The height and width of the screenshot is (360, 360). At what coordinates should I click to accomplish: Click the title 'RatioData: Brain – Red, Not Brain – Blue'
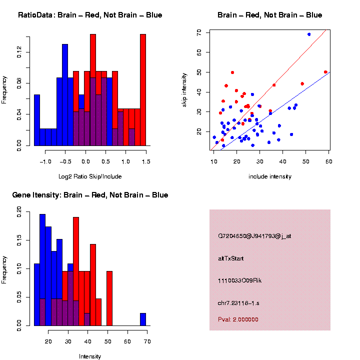point(90,15)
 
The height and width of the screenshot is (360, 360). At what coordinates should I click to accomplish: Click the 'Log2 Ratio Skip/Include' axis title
point(90,176)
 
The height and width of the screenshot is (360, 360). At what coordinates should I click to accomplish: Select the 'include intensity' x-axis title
point(270,176)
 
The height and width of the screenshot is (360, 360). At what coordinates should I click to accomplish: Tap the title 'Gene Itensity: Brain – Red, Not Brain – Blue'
point(90,195)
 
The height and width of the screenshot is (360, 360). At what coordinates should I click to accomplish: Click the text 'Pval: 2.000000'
point(238,319)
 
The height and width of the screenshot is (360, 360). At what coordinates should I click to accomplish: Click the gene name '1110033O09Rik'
point(239,280)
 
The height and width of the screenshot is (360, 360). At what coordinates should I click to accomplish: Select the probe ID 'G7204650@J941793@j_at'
point(254,236)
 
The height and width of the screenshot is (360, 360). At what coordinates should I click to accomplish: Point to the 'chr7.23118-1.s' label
point(238,303)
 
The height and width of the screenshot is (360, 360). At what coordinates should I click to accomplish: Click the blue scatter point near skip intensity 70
point(309,34)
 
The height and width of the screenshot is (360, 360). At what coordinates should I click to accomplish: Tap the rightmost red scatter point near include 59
point(325,72)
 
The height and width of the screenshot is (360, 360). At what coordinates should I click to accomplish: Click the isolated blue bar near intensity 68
point(143,319)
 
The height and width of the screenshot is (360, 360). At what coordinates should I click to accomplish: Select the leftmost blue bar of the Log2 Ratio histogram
point(37,119)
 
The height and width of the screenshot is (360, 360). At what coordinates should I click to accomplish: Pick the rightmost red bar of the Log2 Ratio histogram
point(143,89)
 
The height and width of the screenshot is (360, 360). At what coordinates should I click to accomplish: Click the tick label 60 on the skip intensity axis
point(199,52)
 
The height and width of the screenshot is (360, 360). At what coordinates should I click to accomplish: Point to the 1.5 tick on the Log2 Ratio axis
point(145,162)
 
